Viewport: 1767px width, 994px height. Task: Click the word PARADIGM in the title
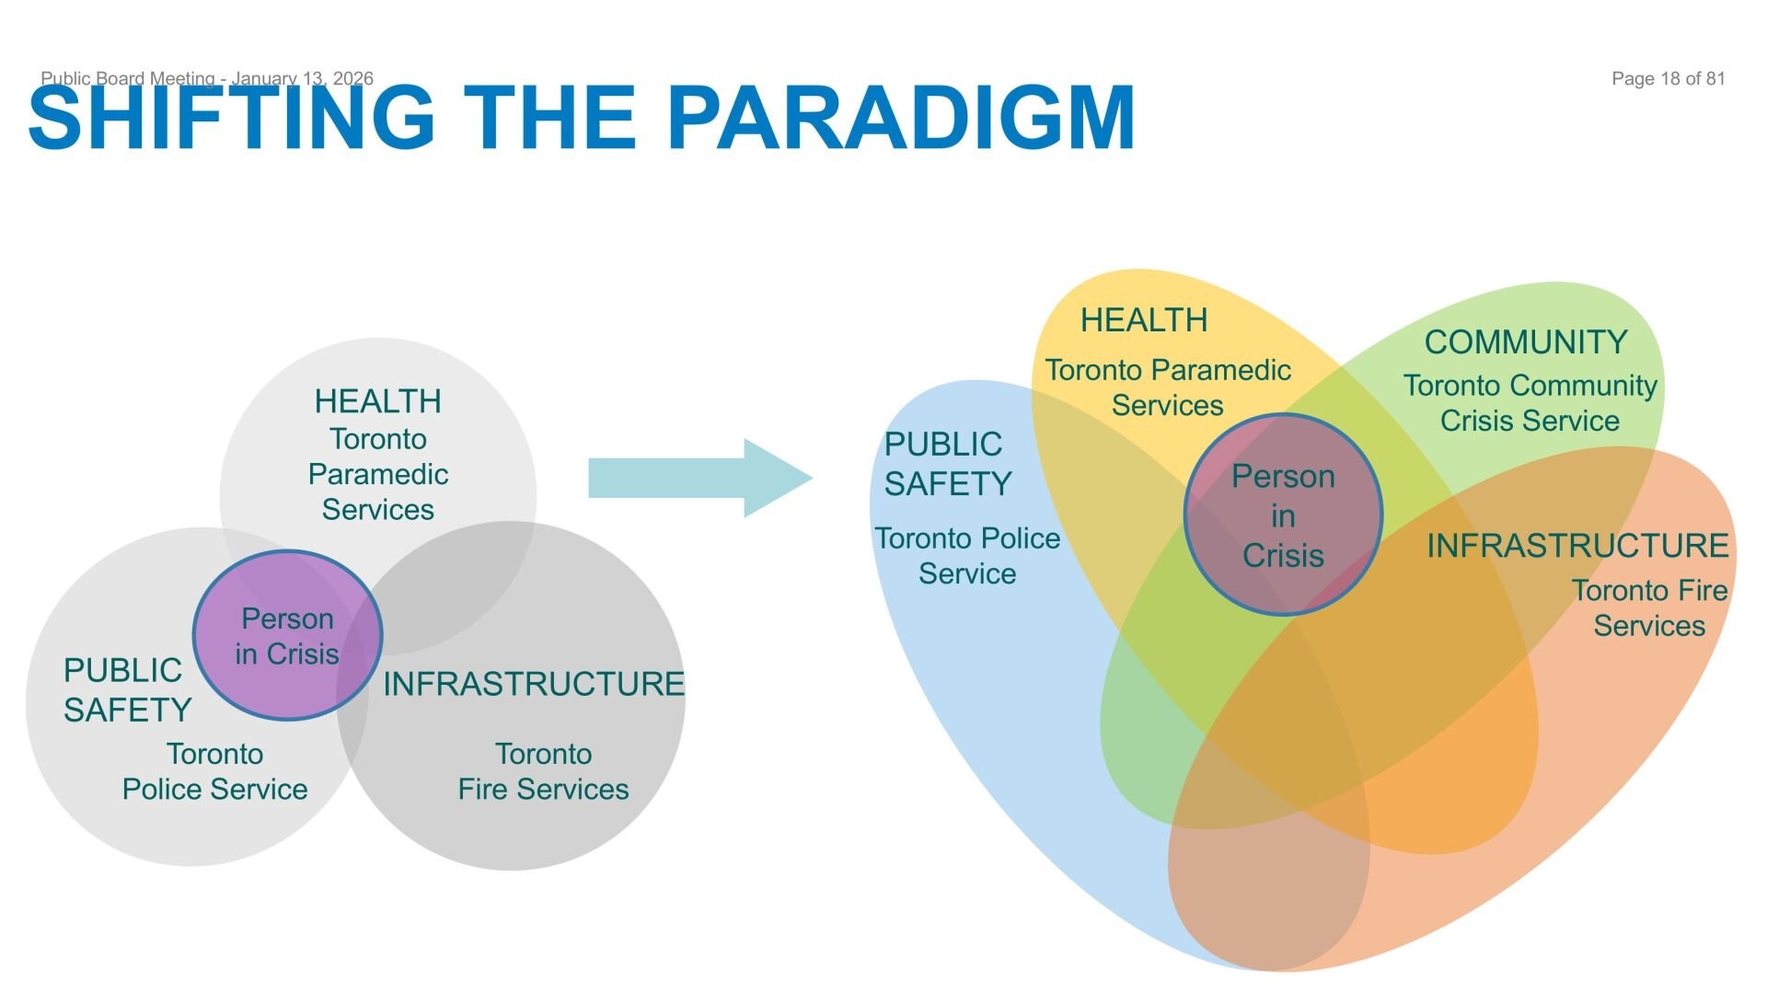906,117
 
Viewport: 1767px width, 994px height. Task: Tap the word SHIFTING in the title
232,117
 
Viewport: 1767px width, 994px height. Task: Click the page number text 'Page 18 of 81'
1668,79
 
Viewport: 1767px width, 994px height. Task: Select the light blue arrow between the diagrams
699,478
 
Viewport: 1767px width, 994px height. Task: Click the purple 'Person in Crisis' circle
287,635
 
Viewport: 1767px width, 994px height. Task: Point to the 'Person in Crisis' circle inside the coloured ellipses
1283,514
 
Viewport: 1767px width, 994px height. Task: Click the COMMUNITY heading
1526,342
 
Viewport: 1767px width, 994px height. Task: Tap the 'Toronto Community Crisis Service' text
1530,403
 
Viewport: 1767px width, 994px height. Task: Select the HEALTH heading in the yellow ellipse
1144,320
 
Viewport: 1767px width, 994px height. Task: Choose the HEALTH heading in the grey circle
377,401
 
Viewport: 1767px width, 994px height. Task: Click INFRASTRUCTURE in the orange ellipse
1577,546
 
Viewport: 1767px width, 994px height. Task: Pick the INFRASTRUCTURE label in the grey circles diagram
534,684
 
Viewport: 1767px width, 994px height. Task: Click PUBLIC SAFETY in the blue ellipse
948,464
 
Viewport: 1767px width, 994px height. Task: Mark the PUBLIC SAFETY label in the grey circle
127,690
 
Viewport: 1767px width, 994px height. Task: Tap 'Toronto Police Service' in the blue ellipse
967,556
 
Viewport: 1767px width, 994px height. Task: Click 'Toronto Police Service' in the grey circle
214,771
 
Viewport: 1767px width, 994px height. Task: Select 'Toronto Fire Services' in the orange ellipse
1649,607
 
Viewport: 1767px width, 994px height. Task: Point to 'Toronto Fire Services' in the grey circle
543,771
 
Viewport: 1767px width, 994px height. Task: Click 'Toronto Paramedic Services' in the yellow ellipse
1168,387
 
